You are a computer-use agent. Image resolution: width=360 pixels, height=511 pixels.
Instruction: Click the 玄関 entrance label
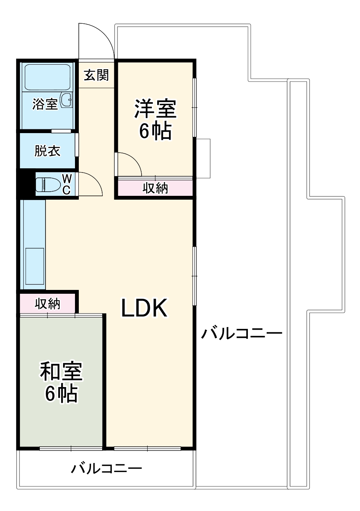coord(96,75)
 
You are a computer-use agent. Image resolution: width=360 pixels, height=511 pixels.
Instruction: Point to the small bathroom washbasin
coord(66,100)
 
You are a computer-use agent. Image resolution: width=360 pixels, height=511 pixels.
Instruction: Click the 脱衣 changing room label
coord(47,151)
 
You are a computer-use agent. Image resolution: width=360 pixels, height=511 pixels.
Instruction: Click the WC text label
coord(67,184)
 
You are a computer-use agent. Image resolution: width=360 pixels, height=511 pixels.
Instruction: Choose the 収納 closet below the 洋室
coord(155,188)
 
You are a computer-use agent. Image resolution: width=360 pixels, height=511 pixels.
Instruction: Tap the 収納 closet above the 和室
coord(47,304)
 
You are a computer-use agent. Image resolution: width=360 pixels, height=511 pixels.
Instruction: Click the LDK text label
coord(144,308)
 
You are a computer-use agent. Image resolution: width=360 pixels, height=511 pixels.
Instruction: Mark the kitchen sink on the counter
coord(35,267)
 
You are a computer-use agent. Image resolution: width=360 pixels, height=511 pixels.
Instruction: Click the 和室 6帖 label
coord(61,382)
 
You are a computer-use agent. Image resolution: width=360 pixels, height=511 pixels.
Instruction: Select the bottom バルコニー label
coord(106,469)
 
